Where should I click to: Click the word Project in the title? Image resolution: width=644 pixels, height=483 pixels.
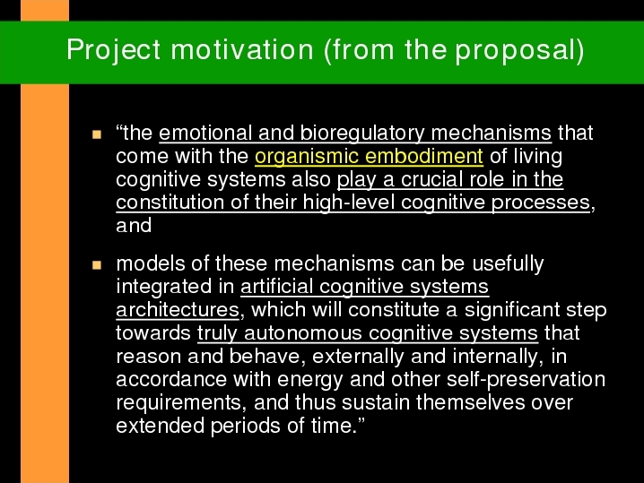point(114,50)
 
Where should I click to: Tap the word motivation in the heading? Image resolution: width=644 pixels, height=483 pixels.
point(242,49)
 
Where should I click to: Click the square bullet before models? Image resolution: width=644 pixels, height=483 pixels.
point(97,265)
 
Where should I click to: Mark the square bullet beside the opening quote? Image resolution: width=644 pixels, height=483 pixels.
point(97,134)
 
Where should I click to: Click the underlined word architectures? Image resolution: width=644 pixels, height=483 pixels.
point(178,309)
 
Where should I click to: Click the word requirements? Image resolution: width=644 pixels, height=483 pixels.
point(180,403)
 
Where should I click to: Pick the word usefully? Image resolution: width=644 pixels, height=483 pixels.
point(508,263)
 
